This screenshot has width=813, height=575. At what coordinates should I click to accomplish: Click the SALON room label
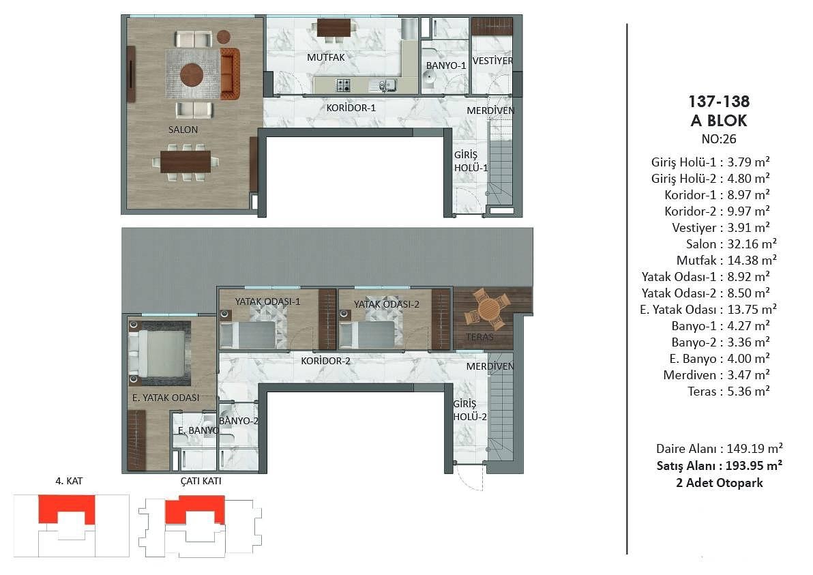pyautogui.click(x=183, y=130)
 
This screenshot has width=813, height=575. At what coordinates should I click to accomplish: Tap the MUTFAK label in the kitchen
pyautogui.click(x=325, y=57)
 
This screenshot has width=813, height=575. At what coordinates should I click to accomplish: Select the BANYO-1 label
pyautogui.click(x=446, y=66)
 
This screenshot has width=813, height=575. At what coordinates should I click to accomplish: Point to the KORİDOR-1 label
pyautogui.click(x=351, y=108)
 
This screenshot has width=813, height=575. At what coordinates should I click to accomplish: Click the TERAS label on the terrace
pyautogui.click(x=479, y=337)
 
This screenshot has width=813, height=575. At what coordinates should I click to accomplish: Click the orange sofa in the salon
pyautogui.click(x=231, y=74)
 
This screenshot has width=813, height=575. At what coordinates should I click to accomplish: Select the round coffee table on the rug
pyautogui.click(x=192, y=74)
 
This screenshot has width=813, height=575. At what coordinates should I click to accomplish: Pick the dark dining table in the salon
pyautogui.click(x=186, y=162)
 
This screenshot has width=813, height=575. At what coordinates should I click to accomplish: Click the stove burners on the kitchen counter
pyautogui.click(x=344, y=85)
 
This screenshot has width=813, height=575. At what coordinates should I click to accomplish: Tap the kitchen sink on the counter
pyautogui.click(x=384, y=85)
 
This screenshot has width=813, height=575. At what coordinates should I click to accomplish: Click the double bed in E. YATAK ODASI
pyautogui.click(x=160, y=354)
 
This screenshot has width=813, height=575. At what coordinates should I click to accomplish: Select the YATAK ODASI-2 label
pyautogui.click(x=386, y=304)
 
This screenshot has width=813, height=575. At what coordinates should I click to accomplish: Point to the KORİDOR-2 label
pyautogui.click(x=325, y=361)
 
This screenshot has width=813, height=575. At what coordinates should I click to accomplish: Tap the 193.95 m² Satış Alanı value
pyautogui.click(x=754, y=466)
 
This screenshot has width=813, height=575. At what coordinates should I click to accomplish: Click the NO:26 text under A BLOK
pyautogui.click(x=719, y=139)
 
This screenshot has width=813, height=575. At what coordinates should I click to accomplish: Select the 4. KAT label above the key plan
pyautogui.click(x=69, y=481)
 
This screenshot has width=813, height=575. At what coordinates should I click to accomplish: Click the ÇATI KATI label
pyautogui.click(x=201, y=481)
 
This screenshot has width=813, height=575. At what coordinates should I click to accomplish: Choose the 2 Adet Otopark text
pyautogui.click(x=719, y=483)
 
